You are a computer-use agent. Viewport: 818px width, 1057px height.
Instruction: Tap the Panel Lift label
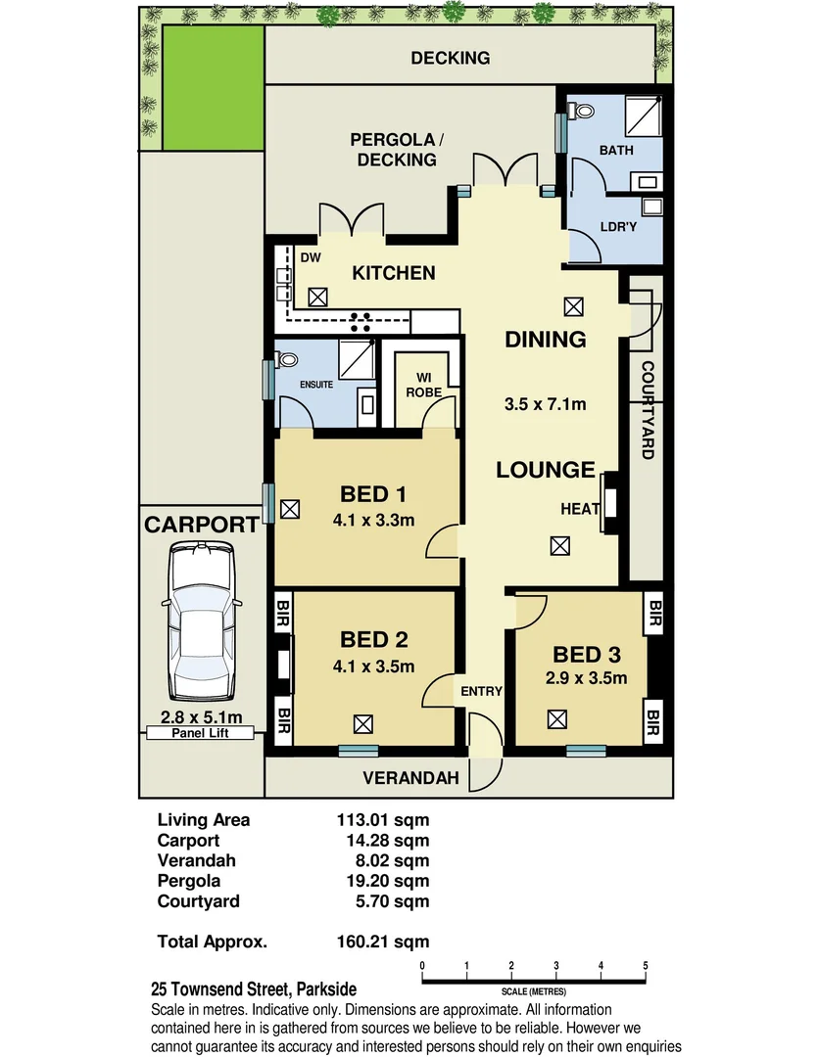pyautogui.click(x=201, y=733)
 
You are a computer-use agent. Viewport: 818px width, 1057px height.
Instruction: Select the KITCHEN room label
pyautogui.click(x=394, y=273)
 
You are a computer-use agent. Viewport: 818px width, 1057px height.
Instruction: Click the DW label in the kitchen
pyautogui.click(x=311, y=258)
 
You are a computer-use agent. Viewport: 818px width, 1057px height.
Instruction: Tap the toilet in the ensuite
pyautogui.click(x=286, y=360)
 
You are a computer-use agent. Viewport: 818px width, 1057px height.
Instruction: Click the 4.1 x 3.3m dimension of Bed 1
pyautogui.click(x=373, y=520)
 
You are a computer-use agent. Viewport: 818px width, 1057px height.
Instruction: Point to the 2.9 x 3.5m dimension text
pyautogui.click(x=586, y=678)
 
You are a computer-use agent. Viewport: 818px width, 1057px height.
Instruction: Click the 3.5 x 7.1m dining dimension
pyautogui.click(x=546, y=403)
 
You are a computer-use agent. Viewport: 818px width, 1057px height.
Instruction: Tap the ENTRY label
pyautogui.click(x=482, y=691)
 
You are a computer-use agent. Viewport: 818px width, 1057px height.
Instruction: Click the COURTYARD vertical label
pyautogui.click(x=648, y=410)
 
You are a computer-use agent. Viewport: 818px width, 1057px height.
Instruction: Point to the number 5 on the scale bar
pyautogui.click(x=646, y=967)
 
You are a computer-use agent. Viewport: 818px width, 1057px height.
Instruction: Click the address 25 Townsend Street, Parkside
pyautogui.click(x=253, y=989)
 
